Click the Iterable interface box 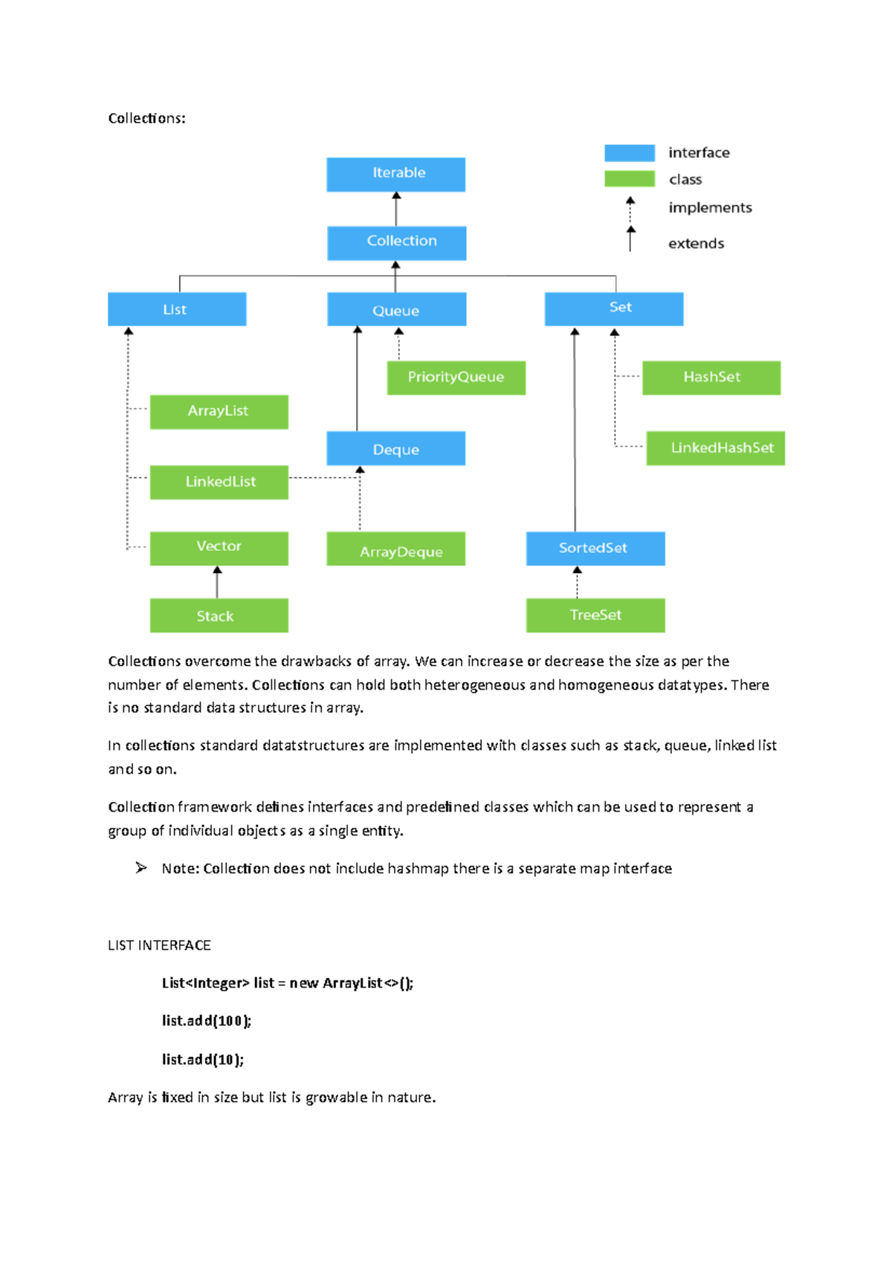click(x=395, y=174)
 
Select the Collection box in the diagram click(x=396, y=242)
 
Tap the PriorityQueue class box click(x=456, y=378)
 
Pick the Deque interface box click(x=395, y=448)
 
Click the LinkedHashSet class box click(x=715, y=448)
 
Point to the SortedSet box click(x=595, y=549)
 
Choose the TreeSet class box click(x=595, y=615)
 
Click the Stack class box click(x=219, y=615)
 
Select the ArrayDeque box click(x=395, y=549)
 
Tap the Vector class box click(x=219, y=548)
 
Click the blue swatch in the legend click(x=629, y=153)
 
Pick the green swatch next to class click(x=629, y=179)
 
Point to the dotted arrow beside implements click(x=630, y=210)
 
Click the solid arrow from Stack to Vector click(x=217, y=583)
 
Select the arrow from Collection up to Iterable click(x=396, y=209)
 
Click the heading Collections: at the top click(x=146, y=118)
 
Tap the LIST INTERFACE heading click(x=159, y=945)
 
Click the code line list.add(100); click(x=207, y=1021)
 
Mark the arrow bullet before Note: click(x=141, y=867)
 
